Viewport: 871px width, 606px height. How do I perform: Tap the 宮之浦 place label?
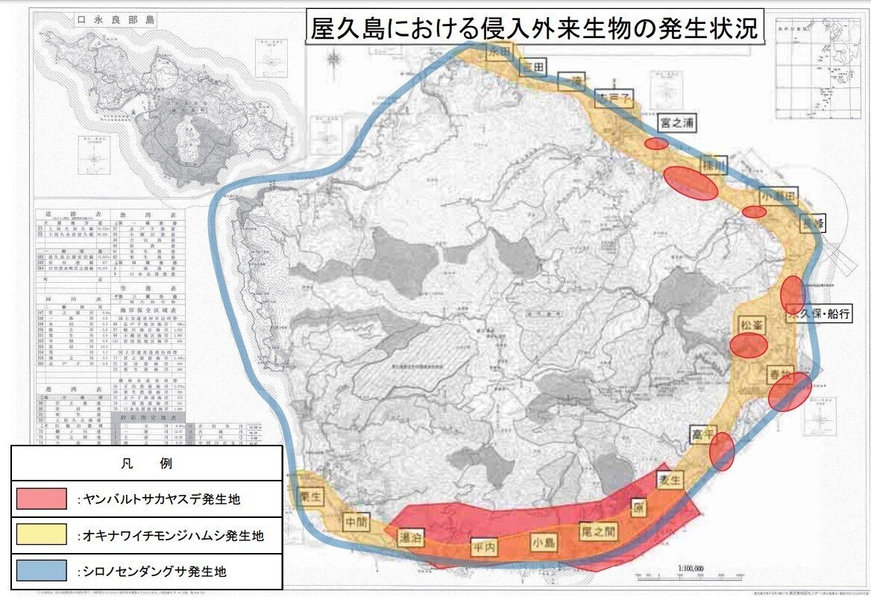[x=676, y=123]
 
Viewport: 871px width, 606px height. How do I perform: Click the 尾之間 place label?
[x=600, y=531]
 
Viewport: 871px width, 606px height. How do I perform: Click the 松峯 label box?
[x=751, y=325]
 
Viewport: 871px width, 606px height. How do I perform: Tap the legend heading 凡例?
[x=146, y=463]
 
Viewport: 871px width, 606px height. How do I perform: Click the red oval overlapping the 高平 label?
[x=722, y=452]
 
